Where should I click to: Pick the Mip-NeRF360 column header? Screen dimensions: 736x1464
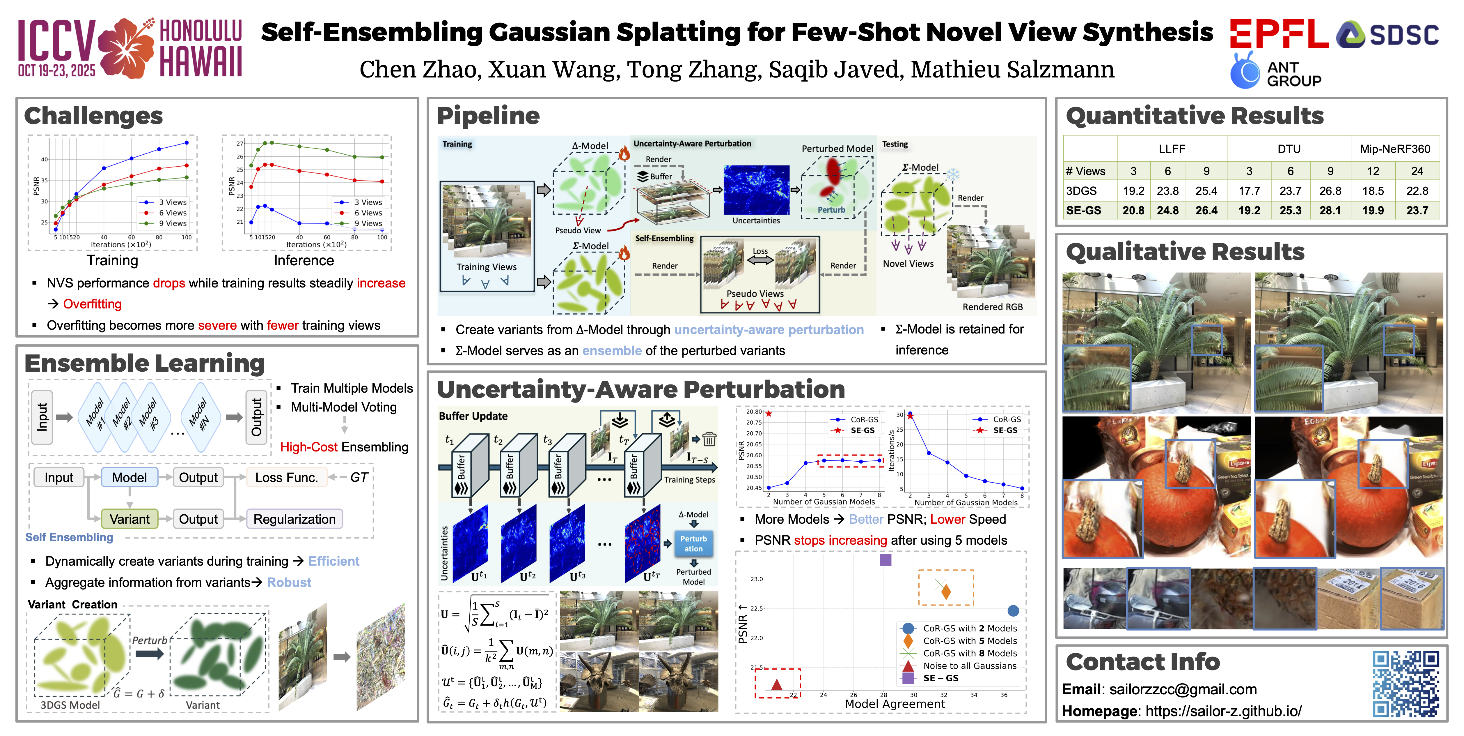pyautogui.click(x=1395, y=149)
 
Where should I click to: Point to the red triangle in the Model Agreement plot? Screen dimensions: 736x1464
pyautogui.click(x=777, y=684)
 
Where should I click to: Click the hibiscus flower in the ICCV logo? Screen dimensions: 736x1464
pyautogui.click(x=126, y=48)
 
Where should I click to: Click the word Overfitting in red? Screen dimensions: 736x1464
pyautogui.click(x=92, y=304)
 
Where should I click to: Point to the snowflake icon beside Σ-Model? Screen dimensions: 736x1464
pyautogui.click(x=952, y=174)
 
